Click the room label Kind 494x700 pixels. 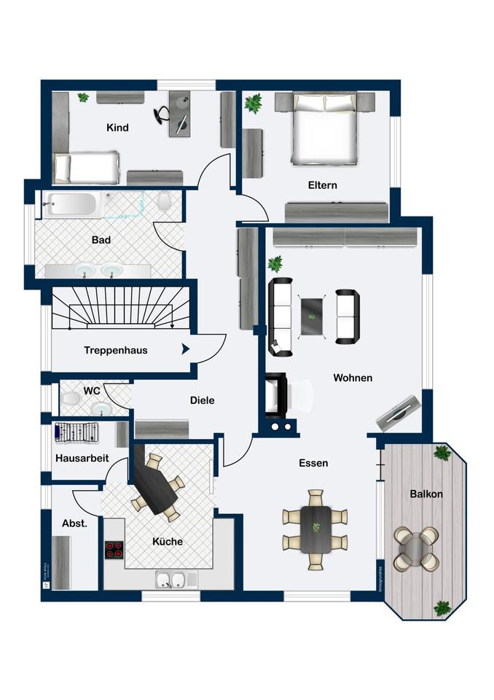[x=117, y=128]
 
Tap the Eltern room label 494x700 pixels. [x=322, y=185]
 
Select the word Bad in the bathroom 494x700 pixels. [x=101, y=239]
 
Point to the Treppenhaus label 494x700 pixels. [x=116, y=350]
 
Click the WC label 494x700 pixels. [x=92, y=391]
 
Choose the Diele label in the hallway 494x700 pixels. [x=202, y=400]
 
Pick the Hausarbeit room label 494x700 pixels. [x=82, y=458]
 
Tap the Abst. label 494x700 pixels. [x=74, y=523]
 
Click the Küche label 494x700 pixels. [x=167, y=542]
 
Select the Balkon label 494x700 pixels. [x=426, y=494]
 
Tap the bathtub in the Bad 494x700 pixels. [x=69, y=204]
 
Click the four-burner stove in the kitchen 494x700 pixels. [x=114, y=549]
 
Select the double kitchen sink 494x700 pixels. [x=170, y=580]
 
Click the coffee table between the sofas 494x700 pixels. [x=313, y=316]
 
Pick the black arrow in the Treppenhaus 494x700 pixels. [x=185, y=349]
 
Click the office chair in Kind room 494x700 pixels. [x=164, y=114]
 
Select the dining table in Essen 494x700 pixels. [x=315, y=529]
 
